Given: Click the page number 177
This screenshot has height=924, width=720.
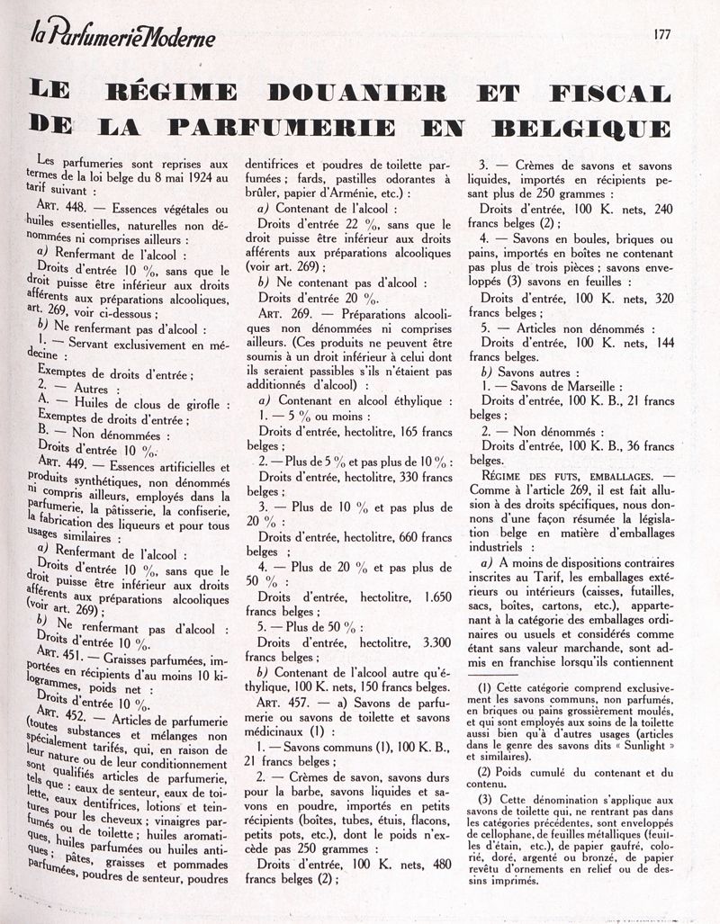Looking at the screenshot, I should pyautogui.click(x=663, y=35).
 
